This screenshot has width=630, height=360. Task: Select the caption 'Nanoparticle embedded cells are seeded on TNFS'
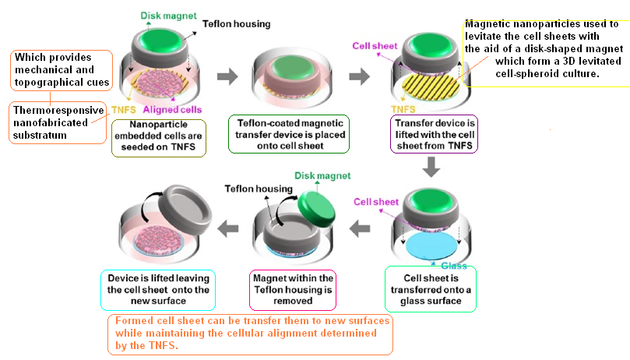click(x=158, y=137)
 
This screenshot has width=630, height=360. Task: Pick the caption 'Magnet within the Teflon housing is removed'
click(x=294, y=289)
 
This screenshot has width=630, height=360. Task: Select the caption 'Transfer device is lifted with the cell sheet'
click(x=430, y=134)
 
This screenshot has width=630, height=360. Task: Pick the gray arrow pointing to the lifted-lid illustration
click(x=227, y=228)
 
